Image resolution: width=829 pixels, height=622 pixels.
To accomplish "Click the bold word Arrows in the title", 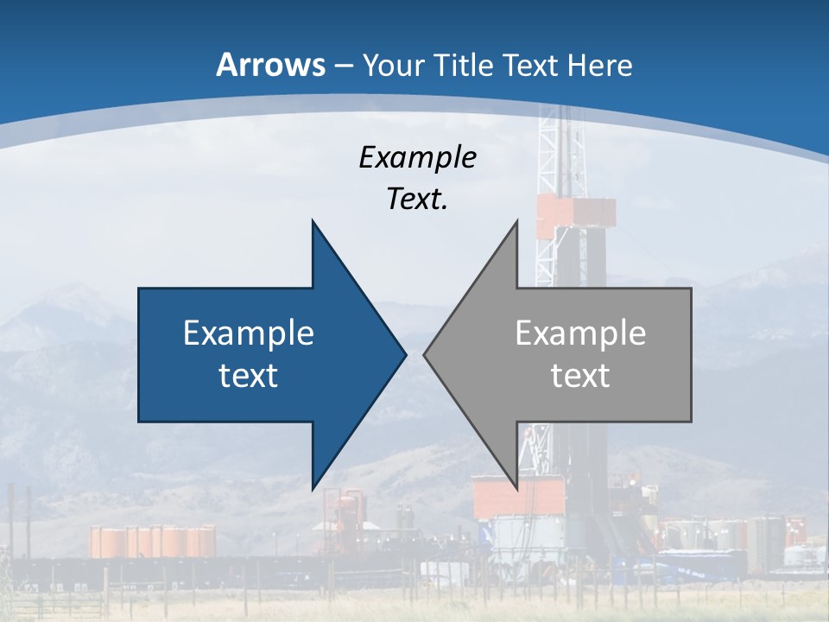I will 271,65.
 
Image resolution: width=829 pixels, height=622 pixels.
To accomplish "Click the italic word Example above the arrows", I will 417,157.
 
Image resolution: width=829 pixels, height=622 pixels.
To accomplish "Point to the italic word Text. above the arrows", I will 417,200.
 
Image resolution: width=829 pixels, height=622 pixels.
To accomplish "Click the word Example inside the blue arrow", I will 249,333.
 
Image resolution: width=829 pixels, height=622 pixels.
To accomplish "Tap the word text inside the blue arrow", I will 249,375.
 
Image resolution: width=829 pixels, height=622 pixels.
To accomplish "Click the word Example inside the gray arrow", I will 580,333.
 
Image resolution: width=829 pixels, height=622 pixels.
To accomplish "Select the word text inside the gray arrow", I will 580,375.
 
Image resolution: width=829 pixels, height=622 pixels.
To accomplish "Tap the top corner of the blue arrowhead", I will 313,222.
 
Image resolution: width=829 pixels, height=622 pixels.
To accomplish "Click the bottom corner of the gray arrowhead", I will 516,487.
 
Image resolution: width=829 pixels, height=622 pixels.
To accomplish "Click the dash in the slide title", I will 342,66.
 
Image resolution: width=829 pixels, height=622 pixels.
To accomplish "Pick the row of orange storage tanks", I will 153,541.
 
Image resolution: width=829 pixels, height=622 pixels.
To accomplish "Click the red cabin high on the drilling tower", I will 576,216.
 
